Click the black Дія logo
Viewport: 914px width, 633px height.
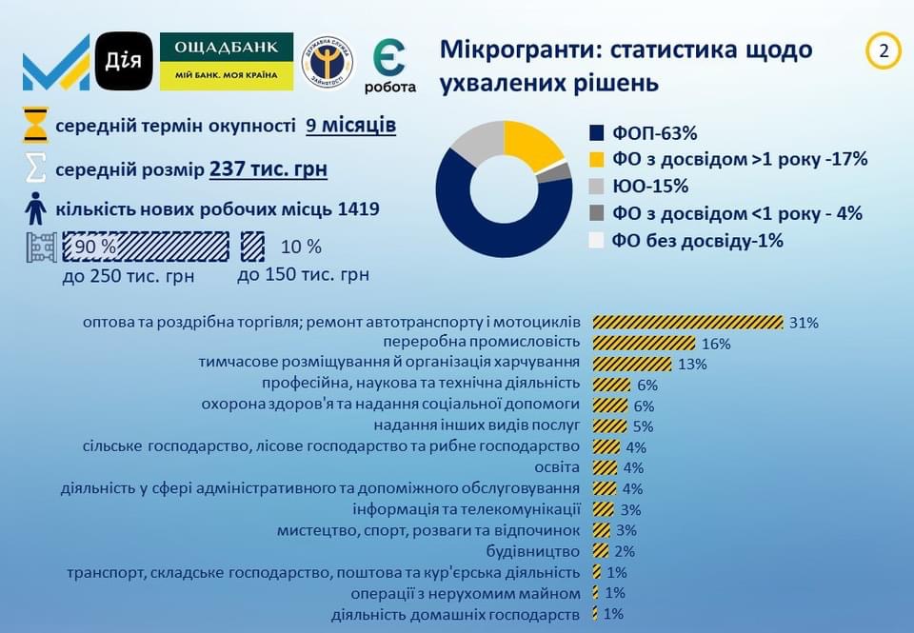124,61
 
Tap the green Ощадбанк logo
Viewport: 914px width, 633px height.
227,61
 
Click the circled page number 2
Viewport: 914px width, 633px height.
884,51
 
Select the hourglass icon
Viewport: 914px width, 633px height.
35,125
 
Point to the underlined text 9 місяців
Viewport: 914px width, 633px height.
351,126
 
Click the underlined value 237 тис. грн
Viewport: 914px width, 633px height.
268,169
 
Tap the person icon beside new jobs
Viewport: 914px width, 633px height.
35,208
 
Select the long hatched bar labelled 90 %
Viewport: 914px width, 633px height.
146,246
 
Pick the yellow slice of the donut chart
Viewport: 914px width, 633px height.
529,142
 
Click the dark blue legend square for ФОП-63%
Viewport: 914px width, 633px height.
596,133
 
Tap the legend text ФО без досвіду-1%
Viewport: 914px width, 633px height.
697,240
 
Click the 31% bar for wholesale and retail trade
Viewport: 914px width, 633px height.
687,323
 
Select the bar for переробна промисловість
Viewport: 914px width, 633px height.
645,343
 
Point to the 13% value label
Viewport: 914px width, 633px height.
692,365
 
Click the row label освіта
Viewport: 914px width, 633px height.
557,467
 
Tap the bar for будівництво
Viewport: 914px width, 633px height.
601,551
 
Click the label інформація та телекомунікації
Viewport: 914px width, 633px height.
467,509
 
